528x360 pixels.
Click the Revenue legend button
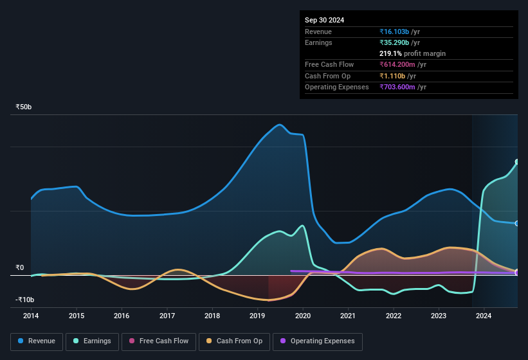point(37,341)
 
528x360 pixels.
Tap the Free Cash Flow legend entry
point(158,341)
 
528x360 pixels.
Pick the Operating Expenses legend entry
point(317,341)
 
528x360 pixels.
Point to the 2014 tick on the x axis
point(31,316)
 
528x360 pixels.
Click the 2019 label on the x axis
point(258,316)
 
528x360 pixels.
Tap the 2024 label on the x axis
point(484,316)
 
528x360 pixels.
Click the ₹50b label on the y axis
point(24,107)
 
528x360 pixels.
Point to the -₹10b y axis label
point(24,300)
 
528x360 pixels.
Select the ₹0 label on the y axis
point(20,267)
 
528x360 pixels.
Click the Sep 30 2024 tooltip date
point(324,20)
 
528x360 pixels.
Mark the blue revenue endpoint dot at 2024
point(516,224)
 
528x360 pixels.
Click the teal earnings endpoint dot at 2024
point(516,162)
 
